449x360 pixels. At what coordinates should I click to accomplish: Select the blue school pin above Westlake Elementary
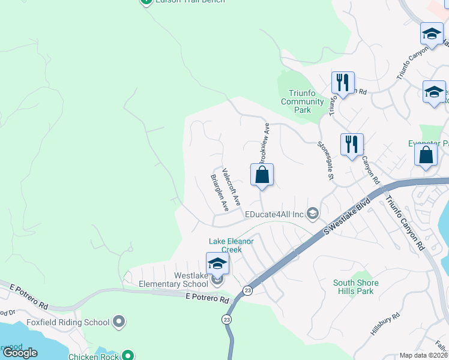coord(217,263)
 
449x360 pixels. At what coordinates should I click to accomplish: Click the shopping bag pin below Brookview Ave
coord(262,175)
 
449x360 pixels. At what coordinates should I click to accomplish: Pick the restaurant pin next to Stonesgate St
coord(352,145)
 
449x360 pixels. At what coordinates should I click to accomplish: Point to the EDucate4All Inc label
coord(274,214)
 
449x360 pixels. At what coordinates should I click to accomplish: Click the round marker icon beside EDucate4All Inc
coord(312,214)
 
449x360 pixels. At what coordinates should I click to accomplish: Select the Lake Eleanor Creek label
coord(231,245)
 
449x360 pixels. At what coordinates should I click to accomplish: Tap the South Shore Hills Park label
coord(356,287)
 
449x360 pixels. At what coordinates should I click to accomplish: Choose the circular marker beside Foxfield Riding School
coord(119,322)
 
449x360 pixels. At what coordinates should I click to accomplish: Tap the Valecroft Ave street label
coord(231,187)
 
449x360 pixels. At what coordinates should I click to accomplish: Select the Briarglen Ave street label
coord(219,193)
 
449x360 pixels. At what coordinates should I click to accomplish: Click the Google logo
coord(20,353)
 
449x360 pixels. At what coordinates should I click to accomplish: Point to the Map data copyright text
coord(424,355)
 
